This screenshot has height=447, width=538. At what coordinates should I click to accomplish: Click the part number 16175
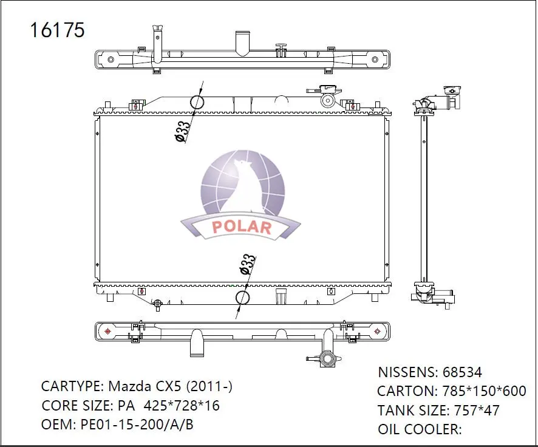tap(58, 30)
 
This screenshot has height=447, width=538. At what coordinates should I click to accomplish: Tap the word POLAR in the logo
tap(241, 227)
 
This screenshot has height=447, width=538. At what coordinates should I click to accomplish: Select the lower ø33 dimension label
tap(247, 265)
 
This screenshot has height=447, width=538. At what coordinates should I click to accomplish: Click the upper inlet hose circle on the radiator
tap(197, 101)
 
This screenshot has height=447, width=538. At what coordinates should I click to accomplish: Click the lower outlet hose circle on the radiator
tap(242, 298)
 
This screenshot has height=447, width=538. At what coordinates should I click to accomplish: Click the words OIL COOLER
tap(420, 429)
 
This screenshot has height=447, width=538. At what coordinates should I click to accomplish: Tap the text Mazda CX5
tap(145, 386)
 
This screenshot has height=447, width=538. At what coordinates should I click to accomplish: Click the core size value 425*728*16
tap(178, 406)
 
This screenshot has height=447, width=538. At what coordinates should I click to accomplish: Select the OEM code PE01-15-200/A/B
tap(137, 425)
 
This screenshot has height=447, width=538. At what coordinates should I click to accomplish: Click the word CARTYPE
tap(71, 386)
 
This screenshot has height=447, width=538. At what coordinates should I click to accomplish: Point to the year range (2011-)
tap(209, 386)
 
